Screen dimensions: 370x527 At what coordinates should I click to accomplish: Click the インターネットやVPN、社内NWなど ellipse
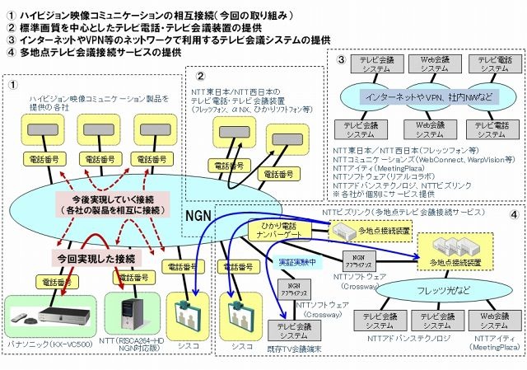[x=428, y=96]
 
